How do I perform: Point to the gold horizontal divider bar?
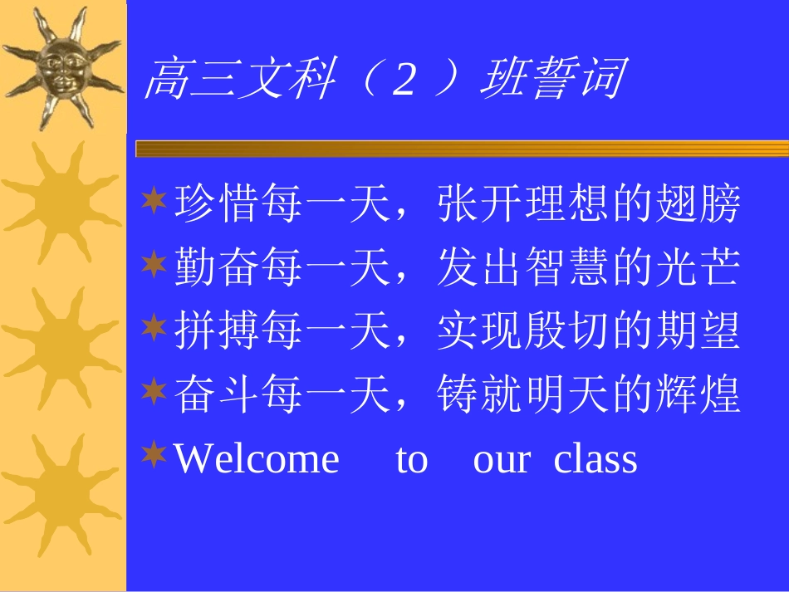click(461, 149)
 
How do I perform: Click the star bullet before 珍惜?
click(154, 202)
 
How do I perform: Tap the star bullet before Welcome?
click(154, 454)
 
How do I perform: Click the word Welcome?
click(257, 458)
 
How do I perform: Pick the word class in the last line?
click(595, 458)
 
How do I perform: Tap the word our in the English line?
click(501, 458)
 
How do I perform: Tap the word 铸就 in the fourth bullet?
click(480, 394)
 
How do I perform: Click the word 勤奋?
click(218, 268)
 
